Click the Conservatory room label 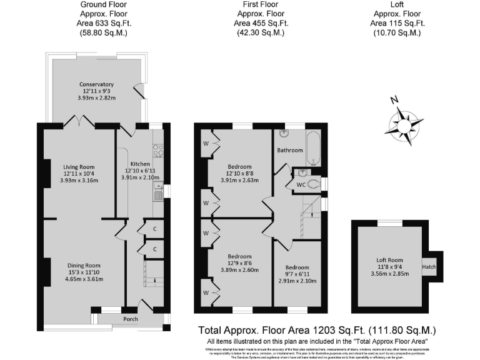[x=96, y=84]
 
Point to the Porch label [x=130, y=319]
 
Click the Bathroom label [x=290, y=151]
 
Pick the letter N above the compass [x=393, y=100]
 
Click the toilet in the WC [x=312, y=183]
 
